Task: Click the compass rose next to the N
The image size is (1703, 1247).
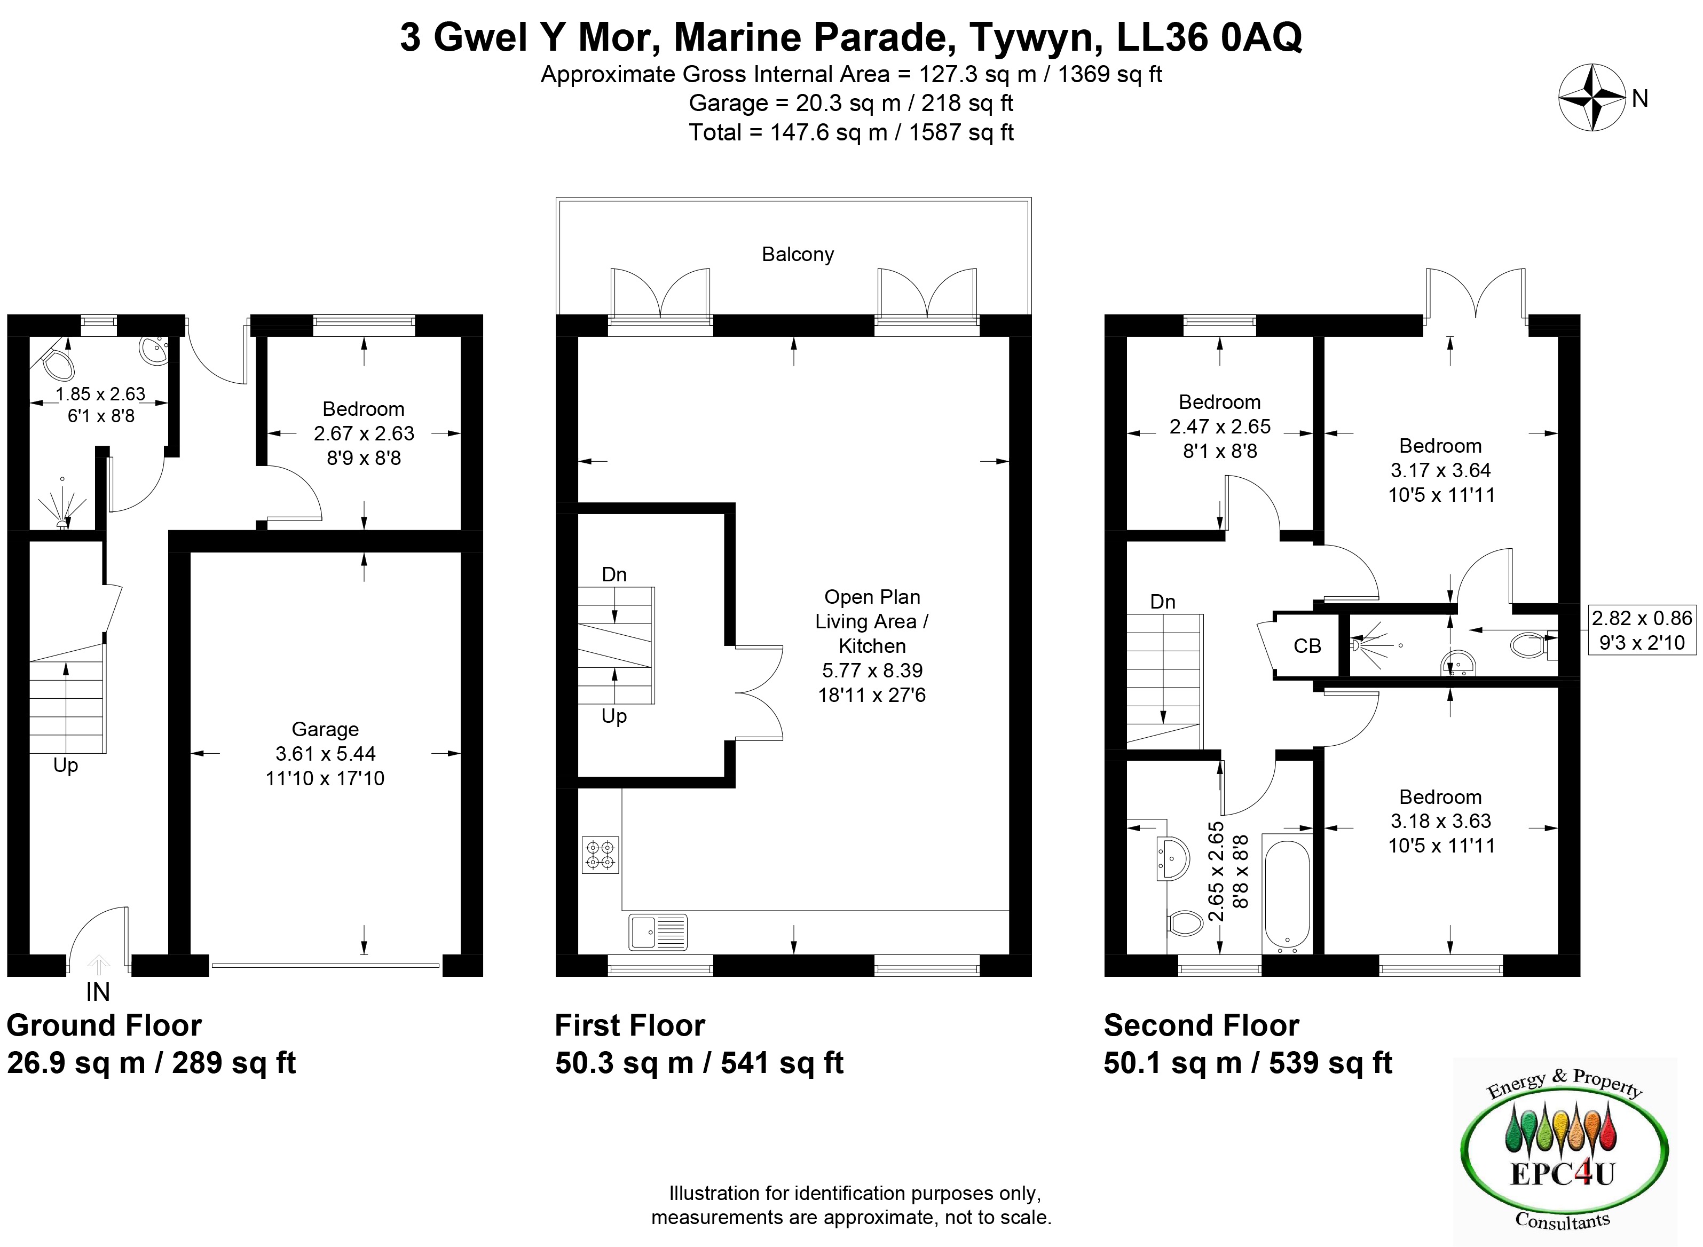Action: [x=1591, y=97]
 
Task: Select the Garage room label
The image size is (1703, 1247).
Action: [x=325, y=729]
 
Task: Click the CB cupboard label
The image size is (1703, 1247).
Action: [x=1307, y=646]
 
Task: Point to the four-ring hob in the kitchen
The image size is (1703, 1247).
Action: [x=600, y=855]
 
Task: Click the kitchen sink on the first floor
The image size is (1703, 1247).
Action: [x=658, y=932]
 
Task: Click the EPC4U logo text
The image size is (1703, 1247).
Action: [x=1562, y=1174]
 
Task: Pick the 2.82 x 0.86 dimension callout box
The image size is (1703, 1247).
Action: [x=1642, y=630]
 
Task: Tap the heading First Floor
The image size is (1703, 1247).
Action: [x=629, y=1026]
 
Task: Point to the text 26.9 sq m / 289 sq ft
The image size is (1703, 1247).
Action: [x=151, y=1063]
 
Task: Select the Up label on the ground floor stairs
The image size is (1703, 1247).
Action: [x=66, y=766]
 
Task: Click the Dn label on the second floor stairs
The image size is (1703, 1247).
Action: [x=1163, y=602]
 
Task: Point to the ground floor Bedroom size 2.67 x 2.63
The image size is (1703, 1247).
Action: [x=364, y=433]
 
